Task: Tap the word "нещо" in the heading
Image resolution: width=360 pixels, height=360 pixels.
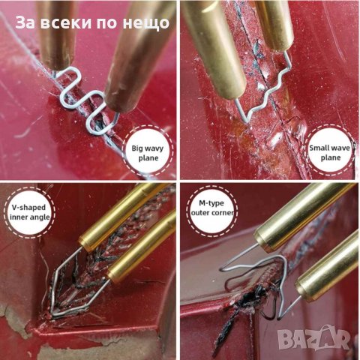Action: click(146, 23)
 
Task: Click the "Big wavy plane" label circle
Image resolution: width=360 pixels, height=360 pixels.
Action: click(148, 153)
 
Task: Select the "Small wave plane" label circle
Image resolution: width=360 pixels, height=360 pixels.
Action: click(330, 152)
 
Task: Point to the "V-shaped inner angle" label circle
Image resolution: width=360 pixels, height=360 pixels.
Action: click(30, 212)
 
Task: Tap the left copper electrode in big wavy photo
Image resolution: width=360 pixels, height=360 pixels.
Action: click(57, 35)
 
